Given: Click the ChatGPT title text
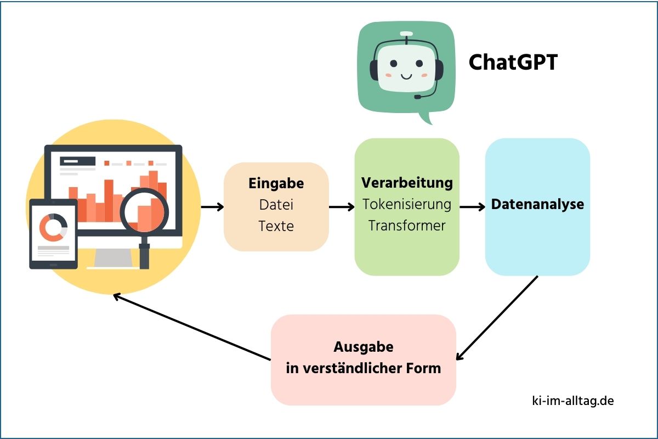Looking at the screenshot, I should (x=513, y=63).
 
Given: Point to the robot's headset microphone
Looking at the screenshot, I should (x=418, y=97).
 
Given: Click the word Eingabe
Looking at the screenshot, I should (x=276, y=183).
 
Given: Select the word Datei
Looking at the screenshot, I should (x=276, y=205).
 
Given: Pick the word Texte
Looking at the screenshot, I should (x=276, y=226).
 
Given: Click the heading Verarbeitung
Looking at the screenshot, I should (x=407, y=182).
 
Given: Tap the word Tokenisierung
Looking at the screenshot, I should (x=407, y=204).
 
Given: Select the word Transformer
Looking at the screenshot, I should (x=407, y=226).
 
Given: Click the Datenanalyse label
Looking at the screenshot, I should (x=537, y=205).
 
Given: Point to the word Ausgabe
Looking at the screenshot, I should (x=364, y=347).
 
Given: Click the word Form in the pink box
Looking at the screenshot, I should (x=421, y=368).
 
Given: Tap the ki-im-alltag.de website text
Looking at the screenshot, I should (x=572, y=401).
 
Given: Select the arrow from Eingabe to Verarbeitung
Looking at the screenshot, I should (x=342, y=207).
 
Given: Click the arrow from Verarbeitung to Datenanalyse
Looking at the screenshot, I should (x=472, y=207).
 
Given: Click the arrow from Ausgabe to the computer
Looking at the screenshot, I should (x=192, y=328).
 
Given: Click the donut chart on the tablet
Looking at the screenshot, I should (x=53, y=227).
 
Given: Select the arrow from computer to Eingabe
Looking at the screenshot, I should (x=212, y=207).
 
